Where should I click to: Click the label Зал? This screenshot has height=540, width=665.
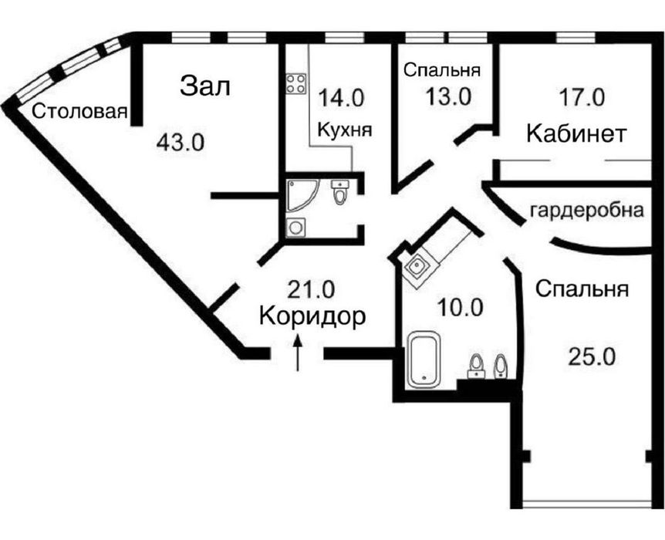(205, 86)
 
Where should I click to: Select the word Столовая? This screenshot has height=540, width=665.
(79, 113)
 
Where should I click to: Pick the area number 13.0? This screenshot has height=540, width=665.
(447, 98)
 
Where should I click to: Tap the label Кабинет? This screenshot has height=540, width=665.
(576, 133)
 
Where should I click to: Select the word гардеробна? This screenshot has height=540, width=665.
(586, 211)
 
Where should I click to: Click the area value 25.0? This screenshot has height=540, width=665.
(592, 356)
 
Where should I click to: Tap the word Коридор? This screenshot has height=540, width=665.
(312, 316)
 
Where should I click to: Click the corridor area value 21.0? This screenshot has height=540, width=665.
(311, 289)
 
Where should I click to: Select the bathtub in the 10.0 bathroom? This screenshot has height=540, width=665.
(423, 359)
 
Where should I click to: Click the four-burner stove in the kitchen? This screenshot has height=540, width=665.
(295, 83)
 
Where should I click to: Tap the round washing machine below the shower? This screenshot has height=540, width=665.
(295, 228)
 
